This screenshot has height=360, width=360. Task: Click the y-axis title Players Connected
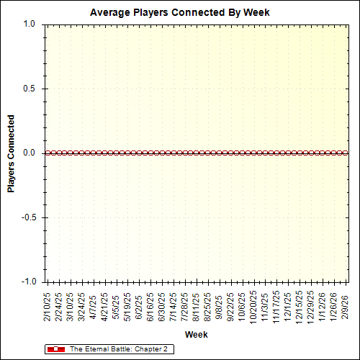pyautogui.click(x=11, y=153)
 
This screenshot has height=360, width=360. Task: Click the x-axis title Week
pyautogui.click(x=196, y=335)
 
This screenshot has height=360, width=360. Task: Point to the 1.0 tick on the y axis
pyautogui.click(x=30, y=24)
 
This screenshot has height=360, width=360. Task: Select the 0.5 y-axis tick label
pyautogui.click(x=30, y=89)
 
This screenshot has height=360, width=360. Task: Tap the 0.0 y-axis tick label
pyautogui.click(x=30, y=153)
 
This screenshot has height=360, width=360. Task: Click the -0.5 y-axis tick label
pyautogui.click(x=28, y=217)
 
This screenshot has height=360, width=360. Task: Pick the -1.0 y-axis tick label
pyautogui.click(x=28, y=282)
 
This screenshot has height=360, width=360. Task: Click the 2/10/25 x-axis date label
pyautogui.click(x=48, y=305)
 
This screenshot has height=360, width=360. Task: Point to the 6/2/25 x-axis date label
pyautogui.click(x=139, y=307)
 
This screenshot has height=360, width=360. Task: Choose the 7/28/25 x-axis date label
pyautogui.click(x=185, y=305)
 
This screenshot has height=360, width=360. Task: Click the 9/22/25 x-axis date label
pyautogui.click(x=231, y=305)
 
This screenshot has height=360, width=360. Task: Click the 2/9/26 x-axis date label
pyautogui.click(x=346, y=307)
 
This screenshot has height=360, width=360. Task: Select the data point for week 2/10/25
pyautogui.click(x=47, y=153)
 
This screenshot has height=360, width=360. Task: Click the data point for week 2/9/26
pyautogui.click(x=346, y=153)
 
